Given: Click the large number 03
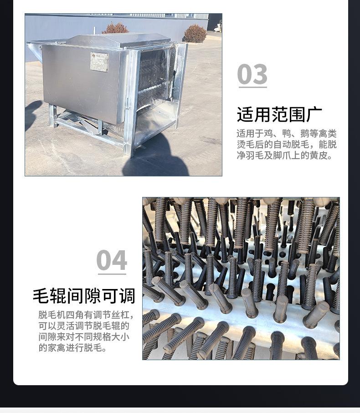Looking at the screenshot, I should coord(252,74).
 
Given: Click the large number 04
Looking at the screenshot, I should coord(111,260).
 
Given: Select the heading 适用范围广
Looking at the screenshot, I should coord(279,114).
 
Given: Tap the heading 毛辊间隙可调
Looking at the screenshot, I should coord(84,296).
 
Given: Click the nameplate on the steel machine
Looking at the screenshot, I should coord(99,62).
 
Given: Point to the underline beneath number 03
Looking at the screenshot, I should coord(252,88).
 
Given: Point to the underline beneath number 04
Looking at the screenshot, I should coord(112,274).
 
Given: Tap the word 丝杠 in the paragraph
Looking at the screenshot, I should coord(124,315).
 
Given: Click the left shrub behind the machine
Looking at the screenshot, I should coord(115,28).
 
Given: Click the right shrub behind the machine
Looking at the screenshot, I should coord(195,34).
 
